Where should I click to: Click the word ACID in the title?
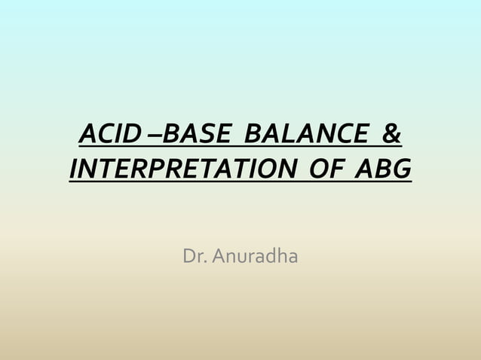pos(109,136)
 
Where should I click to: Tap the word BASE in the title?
pos(198,136)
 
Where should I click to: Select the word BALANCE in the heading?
pos(305,136)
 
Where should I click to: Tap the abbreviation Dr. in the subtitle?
pos(195,257)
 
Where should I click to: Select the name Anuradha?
pos(255,257)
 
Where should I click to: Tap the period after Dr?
pos(207,262)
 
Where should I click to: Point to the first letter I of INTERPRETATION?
pos(74,169)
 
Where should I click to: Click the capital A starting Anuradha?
pos(219,257)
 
